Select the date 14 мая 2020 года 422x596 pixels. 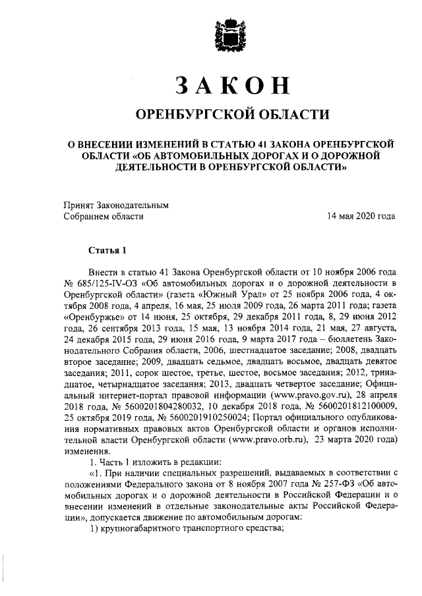361,215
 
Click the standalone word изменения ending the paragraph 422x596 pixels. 86,451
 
